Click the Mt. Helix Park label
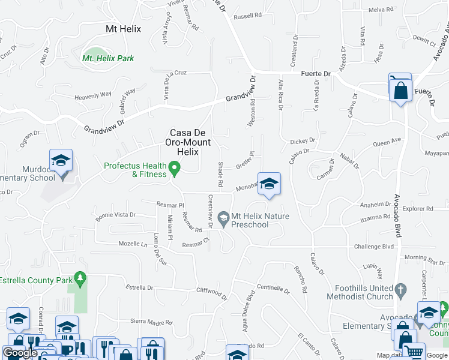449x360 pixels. pos(108,58)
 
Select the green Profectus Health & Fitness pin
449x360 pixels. pos(175,169)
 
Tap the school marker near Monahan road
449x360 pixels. pos(269,184)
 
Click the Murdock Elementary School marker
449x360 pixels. pos(61,160)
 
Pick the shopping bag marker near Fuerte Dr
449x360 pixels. pos(400,91)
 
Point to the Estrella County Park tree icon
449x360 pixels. pos(79,278)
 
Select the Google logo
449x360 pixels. pos(20,353)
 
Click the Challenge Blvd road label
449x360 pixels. pos(374,246)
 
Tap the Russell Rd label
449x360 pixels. pos(248,16)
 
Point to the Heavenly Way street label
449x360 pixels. pos(93,95)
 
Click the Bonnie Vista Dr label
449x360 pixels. pos(116,214)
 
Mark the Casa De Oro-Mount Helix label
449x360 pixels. pos(191,142)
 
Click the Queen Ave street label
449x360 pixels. pos(387,143)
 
